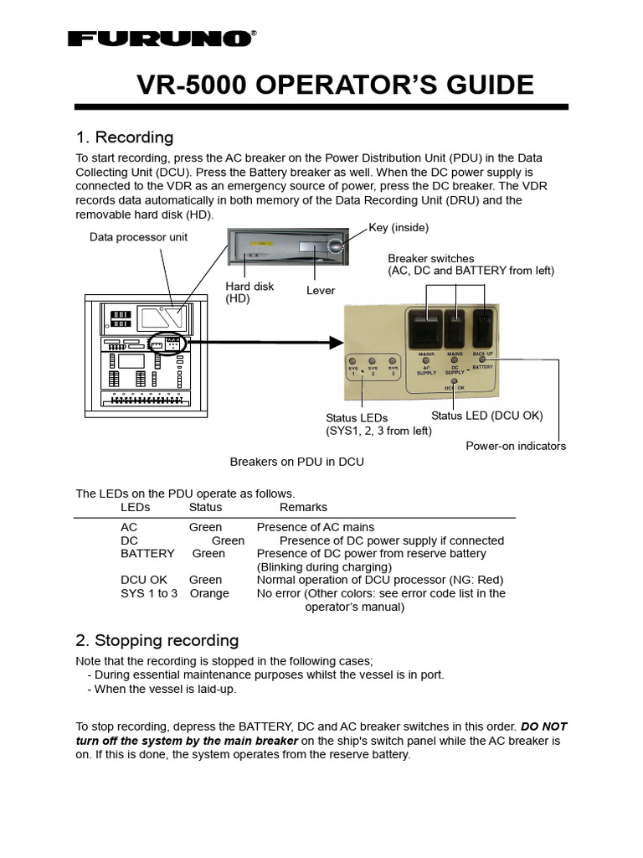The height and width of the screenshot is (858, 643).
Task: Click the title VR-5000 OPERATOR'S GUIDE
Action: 335,85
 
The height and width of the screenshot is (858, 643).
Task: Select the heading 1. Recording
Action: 125,137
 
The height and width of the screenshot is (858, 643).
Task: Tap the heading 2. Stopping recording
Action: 157,641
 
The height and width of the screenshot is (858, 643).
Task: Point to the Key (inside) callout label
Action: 399,228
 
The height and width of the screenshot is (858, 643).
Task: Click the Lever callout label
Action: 321,291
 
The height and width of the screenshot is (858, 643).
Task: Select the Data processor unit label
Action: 139,237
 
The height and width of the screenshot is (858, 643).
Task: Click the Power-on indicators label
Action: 516,446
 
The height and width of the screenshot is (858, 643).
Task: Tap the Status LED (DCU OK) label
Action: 487,416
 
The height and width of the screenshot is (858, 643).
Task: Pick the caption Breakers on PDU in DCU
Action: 297,462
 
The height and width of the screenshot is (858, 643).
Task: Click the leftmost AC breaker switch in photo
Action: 423,328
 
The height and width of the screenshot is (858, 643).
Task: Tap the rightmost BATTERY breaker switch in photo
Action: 482,328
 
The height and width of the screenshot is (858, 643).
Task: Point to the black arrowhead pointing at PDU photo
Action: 337,342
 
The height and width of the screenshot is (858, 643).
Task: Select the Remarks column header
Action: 303,508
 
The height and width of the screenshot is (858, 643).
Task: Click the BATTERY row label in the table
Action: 147,554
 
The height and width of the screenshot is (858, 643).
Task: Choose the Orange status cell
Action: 209,593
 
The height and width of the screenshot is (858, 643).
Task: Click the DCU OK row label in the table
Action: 143,580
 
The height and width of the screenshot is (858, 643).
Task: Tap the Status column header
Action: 205,508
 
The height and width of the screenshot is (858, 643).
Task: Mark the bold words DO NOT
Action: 544,726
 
